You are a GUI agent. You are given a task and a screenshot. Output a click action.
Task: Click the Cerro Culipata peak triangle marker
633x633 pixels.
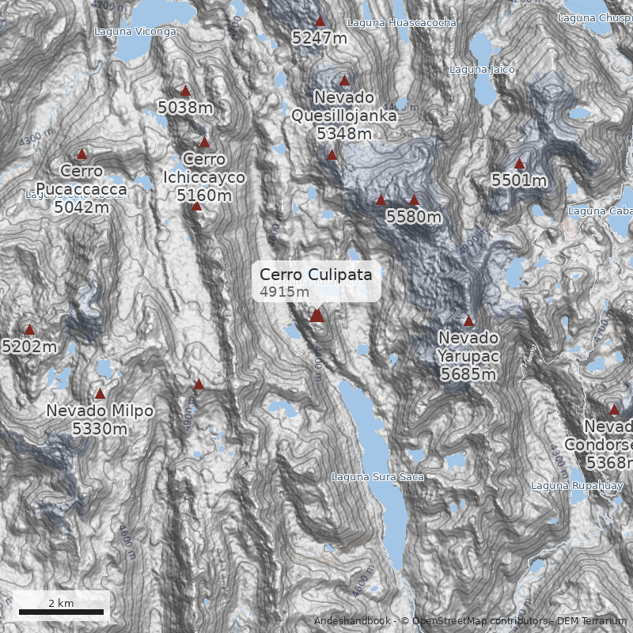coord(316,316)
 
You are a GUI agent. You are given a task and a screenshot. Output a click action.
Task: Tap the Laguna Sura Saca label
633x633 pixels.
coord(377,477)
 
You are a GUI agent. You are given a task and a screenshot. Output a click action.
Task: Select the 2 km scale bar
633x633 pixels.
coord(61,612)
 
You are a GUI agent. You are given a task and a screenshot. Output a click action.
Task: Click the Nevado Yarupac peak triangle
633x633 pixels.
coord(468,321)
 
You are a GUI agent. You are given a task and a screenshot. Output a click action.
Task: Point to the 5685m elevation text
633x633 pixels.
coord(468,373)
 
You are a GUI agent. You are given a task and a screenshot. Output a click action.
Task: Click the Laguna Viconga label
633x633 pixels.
coord(135,32)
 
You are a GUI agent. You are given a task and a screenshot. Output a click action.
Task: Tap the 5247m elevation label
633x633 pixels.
coord(320,37)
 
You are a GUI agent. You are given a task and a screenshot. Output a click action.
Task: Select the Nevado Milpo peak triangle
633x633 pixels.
coord(100,394)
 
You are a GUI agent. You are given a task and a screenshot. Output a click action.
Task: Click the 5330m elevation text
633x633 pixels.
coord(100,429)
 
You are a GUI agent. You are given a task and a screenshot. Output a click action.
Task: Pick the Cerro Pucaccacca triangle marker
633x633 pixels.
coord(81,154)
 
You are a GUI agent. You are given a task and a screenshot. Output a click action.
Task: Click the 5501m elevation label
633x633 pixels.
coord(519,180)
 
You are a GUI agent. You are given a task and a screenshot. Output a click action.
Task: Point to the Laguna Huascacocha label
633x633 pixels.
coord(401,24)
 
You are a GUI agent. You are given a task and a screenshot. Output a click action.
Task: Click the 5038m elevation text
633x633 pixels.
coord(185,106)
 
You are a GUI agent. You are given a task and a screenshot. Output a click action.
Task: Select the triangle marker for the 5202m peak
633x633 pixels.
coord(30,330)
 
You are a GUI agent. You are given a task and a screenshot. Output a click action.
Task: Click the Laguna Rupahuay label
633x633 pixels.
coord(566,485)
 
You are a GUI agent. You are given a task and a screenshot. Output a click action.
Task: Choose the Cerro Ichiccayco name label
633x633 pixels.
coord(204,169)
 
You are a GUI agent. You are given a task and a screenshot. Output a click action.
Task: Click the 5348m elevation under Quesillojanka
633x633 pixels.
coord(344,134)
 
